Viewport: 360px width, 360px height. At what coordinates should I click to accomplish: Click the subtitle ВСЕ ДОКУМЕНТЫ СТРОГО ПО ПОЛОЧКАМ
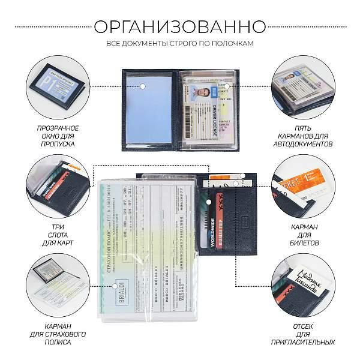click(180, 44)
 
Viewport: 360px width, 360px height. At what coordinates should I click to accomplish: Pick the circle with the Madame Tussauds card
click(304, 280)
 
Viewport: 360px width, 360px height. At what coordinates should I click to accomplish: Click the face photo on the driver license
click(205, 94)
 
